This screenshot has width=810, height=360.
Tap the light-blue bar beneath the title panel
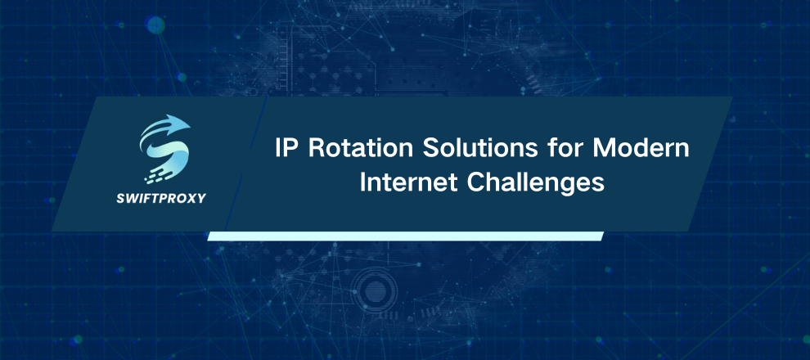(x=406, y=236)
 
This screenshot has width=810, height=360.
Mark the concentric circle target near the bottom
(x=378, y=288)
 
